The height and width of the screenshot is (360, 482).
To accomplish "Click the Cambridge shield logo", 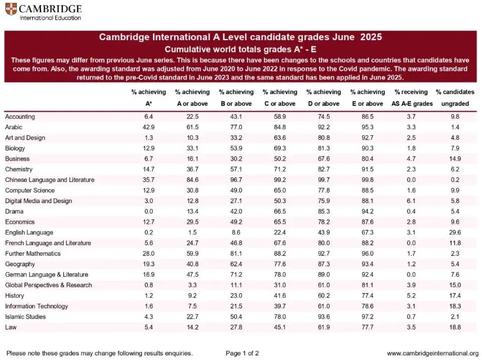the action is [x=11, y=9].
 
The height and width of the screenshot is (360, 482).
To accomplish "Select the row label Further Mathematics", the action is [x=33, y=253].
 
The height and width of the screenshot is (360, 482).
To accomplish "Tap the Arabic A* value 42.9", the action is [x=148, y=127].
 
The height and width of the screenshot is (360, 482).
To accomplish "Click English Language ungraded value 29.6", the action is [x=455, y=232].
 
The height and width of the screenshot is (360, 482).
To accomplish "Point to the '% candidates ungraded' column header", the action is [x=455, y=98].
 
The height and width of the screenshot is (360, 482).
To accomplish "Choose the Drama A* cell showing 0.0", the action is [x=148, y=211].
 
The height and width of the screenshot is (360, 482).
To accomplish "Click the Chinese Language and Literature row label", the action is [x=50, y=179].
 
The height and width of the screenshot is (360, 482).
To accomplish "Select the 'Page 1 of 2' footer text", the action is [x=242, y=353].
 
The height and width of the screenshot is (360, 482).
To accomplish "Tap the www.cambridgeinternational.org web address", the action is [x=433, y=353].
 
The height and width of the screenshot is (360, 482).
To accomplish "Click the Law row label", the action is [x=11, y=327].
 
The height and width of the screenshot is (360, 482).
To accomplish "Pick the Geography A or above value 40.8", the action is [x=192, y=264].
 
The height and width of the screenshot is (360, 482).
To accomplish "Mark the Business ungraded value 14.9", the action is [x=455, y=159].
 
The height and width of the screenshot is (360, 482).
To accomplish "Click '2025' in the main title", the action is [x=371, y=37].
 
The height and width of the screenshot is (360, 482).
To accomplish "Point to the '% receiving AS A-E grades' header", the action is [x=412, y=98].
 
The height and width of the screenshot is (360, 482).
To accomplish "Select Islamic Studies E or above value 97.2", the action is [x=368, y=317].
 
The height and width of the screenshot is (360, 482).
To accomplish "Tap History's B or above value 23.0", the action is [x=236, y=296].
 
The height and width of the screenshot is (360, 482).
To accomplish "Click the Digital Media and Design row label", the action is [x=39, y=201].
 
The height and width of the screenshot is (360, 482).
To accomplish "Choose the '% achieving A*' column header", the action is [x=148, y=98].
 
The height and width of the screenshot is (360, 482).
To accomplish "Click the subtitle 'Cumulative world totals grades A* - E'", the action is [x=240, y=49].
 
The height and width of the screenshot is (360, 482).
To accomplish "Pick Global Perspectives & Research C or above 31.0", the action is [x=280, y=285].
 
